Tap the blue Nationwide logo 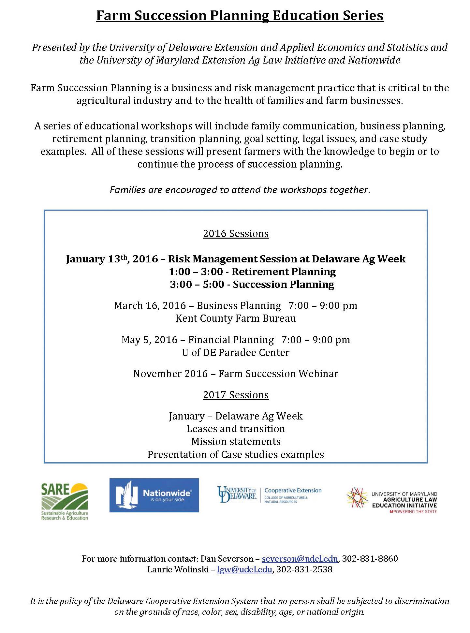(154, 495)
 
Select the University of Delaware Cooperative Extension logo (269, 495)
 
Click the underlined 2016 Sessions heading (236, 233)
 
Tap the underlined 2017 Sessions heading (236, 395)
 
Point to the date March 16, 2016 (149, 305)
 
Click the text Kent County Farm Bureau (235, 318)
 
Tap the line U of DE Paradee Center (235, 352)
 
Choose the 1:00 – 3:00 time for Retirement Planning (197, 272)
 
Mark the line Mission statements (236, 441)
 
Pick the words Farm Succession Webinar (278, 374)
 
